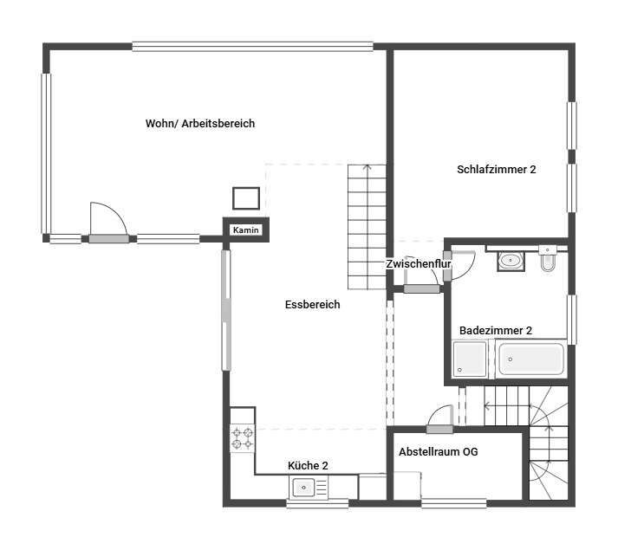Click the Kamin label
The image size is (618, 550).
(245, 230)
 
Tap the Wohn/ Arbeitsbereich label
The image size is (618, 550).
(200, 123)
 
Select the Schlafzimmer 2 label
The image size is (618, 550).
(496, 170)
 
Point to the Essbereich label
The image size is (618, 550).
(312, 305)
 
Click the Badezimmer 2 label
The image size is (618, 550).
(496, 331)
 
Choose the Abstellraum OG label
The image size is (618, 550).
(439, 451)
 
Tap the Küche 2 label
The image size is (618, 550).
(308, 466)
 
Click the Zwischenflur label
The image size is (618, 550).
(418, 263)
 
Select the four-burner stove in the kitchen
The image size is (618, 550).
(243, 438)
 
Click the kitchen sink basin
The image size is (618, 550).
(303, 488)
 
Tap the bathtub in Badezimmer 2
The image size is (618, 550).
(531, 359)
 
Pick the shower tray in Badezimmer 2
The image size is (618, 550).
(470, 359)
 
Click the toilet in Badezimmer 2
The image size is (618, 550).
(548, 259)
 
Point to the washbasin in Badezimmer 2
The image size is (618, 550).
(511, 261)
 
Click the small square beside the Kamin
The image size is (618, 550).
(246, 198)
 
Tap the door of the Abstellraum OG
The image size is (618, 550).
(439, 430)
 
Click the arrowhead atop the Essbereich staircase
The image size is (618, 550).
(368, 168)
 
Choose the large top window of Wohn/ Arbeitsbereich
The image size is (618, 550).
(252, 47)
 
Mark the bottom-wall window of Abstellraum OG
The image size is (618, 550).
(454, 503)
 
